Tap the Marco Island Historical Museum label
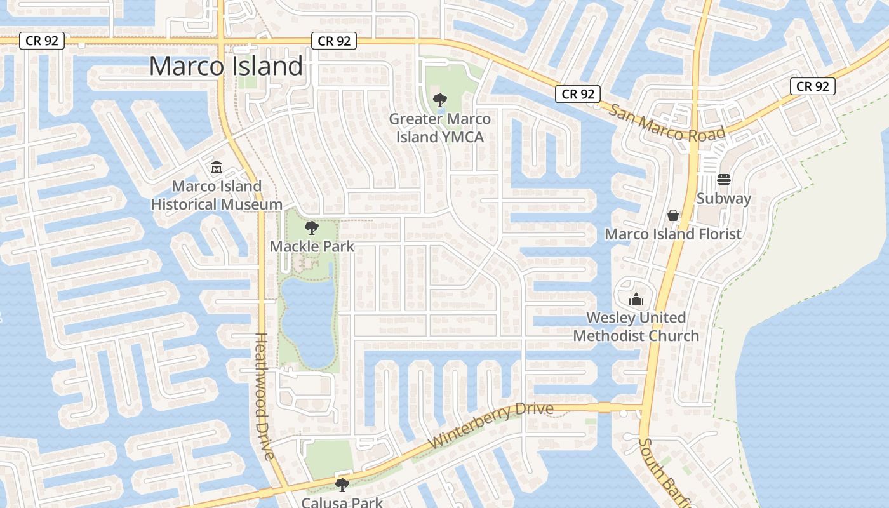tap(217, 196)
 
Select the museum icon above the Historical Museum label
tap(217, 168)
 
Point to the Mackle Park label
tap(312, 246)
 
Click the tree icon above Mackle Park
tap(311, 228)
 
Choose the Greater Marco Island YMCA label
tap(439, 128)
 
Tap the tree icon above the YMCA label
tap(439, 100)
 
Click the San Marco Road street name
tap(667, 124)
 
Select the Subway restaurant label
tap(724, 199)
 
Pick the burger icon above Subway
tap(724, 180)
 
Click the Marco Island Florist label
tap(672, 234)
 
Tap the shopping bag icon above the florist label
tap(673, 216)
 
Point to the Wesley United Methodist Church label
tap(636, 326)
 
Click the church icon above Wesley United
tap(636, 299)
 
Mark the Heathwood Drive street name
tap(264, 396)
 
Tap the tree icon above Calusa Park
tap(342, 486)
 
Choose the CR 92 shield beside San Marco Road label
tap(578, 94)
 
